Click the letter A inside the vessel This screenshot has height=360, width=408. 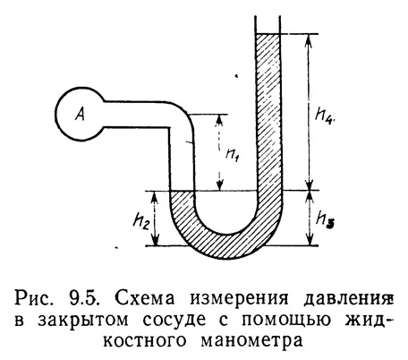(x=80, y=115)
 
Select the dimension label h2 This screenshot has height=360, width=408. (x=141, y=220)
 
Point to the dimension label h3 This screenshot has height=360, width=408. (x=326, y=220)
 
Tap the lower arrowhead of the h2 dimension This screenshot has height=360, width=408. (x=155, y=240)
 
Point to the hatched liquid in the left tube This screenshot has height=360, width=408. (x=180, y=206)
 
